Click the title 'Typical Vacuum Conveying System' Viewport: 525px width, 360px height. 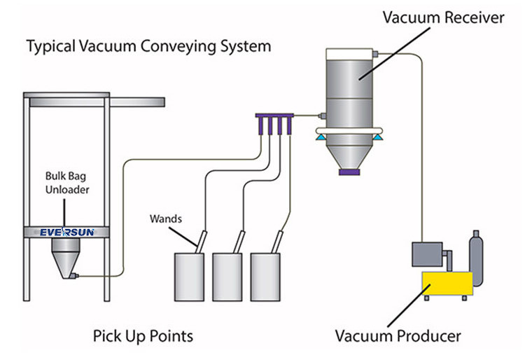tap(148, 48)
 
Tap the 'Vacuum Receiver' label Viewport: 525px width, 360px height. tap(442, 18)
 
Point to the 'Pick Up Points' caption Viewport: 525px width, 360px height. tap(143, 335)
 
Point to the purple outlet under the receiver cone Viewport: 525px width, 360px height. tap(349, 172)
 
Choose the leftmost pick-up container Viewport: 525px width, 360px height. tap(188, 278)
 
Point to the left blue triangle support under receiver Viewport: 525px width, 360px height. tap(321, 140)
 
